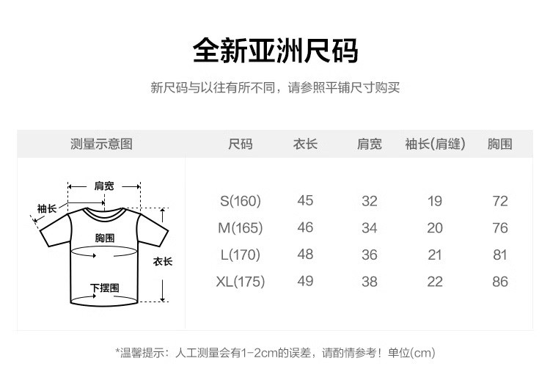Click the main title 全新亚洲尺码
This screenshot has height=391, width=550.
tap(275, 51)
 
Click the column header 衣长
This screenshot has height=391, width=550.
tap(305, 144)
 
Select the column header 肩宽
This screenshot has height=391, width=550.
tap(369, 144)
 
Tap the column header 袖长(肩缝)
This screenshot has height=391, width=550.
tap(435, 144)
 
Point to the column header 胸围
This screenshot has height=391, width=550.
tap(499, 144)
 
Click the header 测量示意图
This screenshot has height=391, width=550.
tap(101, 144)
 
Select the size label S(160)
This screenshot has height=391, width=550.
tap(241, 201)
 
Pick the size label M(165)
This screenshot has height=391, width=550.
tap(240, 228)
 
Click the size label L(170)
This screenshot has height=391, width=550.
tap(241, 255)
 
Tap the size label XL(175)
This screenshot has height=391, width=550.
tap(240, 282)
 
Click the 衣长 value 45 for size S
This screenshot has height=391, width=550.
tap(305, 201)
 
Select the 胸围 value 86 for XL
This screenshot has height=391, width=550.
tap(500, 282)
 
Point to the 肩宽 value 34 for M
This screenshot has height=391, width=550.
tap(369, 228)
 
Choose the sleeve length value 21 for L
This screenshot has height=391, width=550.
tap(435, 255)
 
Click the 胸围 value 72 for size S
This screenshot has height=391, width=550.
tap(500, 201)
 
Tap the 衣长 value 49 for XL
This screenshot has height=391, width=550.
tap(305, 282)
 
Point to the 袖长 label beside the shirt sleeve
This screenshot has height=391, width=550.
tap(47, 209)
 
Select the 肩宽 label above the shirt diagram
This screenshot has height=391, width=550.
tap(104, 186)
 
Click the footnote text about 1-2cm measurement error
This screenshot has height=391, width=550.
tap(275, 353)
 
